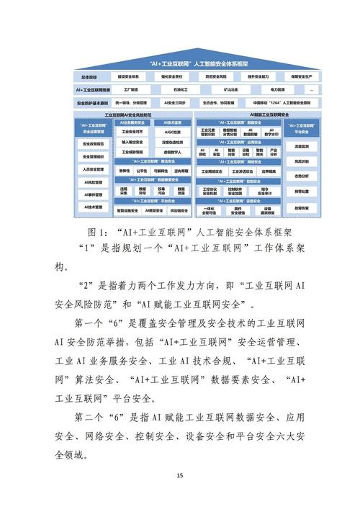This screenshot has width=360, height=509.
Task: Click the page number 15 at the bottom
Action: click(180, 475)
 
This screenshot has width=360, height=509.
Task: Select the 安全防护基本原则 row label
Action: click(90, 103)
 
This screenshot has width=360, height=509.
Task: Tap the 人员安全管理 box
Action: click(94, 169)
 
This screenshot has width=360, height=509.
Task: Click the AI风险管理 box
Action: click(94, 182)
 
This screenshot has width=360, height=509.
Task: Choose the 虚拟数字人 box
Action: click(172, 153)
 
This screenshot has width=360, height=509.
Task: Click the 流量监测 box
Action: click(302, 146)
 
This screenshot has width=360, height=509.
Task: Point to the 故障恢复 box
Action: click(302, 207)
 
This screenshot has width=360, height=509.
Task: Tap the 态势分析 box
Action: click(302, 176)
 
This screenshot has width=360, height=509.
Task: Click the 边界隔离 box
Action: click(269, 172)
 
